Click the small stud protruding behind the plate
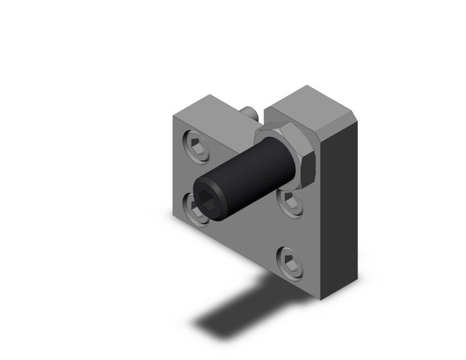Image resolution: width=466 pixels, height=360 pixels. coord(249,115)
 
